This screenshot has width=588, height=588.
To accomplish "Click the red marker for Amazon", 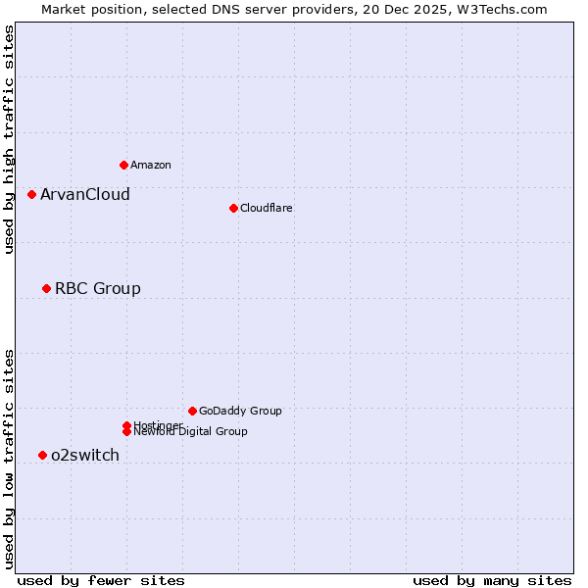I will click(123, 165).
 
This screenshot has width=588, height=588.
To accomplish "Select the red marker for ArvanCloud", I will click(31, 194).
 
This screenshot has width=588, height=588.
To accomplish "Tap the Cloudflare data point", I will click(233, 208).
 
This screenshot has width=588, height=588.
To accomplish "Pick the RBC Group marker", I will click(46, 288).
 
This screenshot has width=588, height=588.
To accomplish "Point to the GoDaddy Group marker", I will click(192, 411).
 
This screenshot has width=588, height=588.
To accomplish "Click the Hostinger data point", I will click(126, 425).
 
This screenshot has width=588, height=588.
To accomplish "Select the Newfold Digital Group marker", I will click(126, 431).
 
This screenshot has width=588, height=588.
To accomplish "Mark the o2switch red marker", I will click(42, 455).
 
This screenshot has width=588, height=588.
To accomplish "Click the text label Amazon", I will click(151, 165).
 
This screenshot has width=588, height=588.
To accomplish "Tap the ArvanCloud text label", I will click(85, 194).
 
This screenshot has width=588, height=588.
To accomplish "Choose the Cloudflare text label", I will click(267, 208).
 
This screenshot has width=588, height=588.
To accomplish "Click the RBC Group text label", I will click(98, 288).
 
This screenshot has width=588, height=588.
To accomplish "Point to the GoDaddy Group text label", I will click(240, 411).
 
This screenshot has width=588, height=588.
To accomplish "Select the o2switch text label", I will click(85, 455).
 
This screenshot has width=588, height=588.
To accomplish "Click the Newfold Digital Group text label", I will click(191, 432).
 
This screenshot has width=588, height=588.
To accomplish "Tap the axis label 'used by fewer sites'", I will click(101, 580).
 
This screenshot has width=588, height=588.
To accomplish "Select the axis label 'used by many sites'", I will click(492, 580).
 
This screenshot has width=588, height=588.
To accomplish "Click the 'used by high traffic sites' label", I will click(9, 139).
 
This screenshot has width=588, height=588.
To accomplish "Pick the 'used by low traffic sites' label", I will click(9, 459).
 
